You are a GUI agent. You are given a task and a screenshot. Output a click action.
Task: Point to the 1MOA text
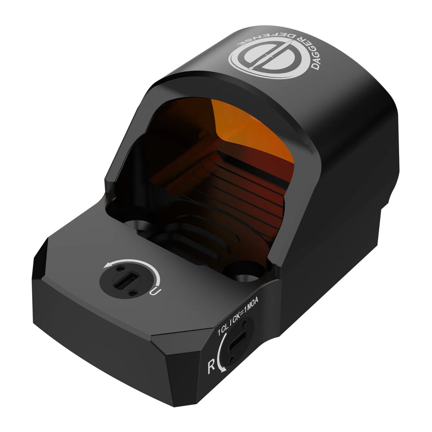tap(251, 305)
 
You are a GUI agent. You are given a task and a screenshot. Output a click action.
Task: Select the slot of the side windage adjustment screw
tap(238, 341)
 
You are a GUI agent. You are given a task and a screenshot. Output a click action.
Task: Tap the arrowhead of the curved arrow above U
tap(108, 266)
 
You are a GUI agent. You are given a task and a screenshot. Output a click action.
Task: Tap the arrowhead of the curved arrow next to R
tap(223, 369)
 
